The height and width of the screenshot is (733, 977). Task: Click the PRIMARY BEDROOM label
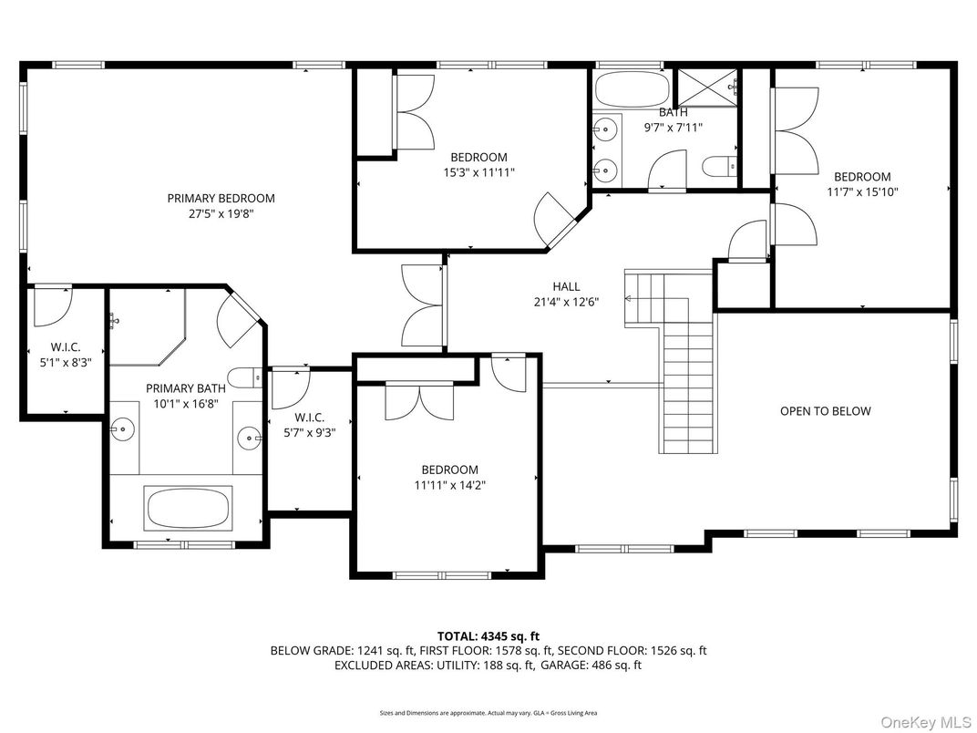click(221, 198)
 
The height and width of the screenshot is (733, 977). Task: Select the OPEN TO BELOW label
click(825, 411)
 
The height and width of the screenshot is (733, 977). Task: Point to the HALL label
click(566, 286)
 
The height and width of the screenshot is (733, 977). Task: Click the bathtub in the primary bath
click(188, 507)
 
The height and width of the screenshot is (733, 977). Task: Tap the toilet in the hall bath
click(717, 167)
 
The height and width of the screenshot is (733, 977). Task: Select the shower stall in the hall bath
click(706, 88)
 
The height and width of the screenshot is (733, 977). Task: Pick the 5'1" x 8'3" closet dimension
click(65, 362)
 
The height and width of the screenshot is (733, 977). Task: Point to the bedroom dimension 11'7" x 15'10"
click(862, 192)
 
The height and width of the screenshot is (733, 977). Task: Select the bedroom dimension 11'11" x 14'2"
click(449, 486)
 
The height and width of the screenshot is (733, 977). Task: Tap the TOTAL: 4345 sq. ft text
click(488, 636)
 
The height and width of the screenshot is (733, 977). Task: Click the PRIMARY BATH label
click(184, 388)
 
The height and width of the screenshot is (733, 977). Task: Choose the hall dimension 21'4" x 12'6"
click(566, 302)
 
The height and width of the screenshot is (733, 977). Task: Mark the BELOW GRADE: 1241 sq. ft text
click(342, 651)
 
